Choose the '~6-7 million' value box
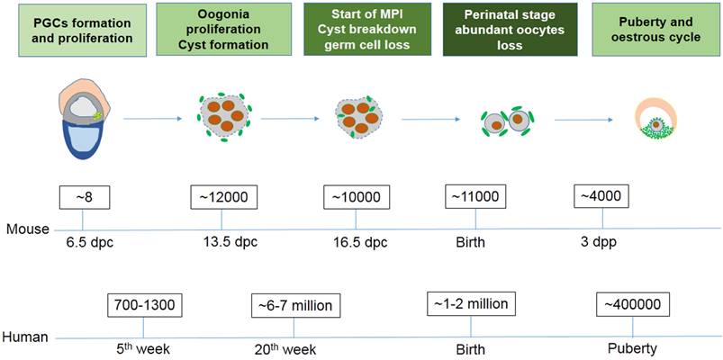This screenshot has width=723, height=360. [292, 305]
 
